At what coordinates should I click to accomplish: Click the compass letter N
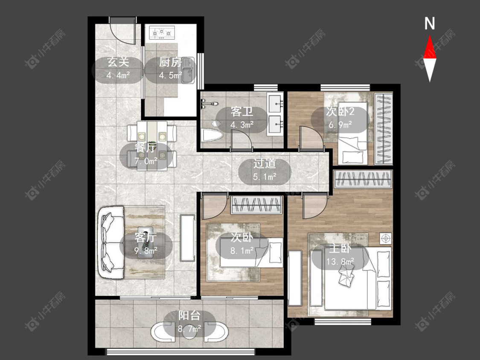(x=430, y=23)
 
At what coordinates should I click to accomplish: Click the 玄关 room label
(x=118, y=62)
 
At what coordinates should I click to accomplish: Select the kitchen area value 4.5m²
(x=170, y=75)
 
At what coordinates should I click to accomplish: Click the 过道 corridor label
(x=265, y=164)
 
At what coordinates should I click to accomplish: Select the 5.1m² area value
(x=265, y=177)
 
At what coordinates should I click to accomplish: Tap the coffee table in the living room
(x=145, y=242)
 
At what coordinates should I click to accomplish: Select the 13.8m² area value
(x=340, y=262)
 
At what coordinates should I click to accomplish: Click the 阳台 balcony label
(x=189, y=316)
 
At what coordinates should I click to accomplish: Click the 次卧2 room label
(x=340, y=112)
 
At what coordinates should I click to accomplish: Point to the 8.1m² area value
(x=242, y=251)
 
